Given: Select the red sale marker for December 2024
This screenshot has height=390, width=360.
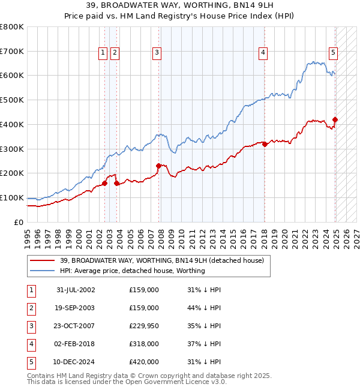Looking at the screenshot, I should (x=335, y=119).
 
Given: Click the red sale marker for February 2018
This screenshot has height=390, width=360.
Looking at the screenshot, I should (x=265, y=144).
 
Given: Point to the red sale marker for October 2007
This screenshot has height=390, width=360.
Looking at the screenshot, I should (x=159, y=166).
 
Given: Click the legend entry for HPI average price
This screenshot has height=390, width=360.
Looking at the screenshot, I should (x=132, y=271).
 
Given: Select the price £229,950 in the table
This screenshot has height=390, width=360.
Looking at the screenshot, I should (x=144, y=326).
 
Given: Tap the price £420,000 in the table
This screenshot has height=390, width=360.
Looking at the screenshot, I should (x=144, y=362).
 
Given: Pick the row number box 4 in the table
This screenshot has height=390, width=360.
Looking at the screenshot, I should (x=31, y=344).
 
